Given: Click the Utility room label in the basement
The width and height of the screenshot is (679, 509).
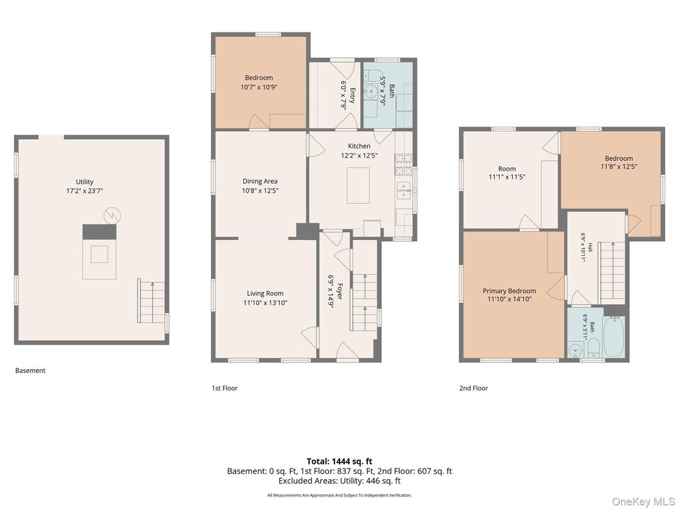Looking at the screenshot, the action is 84,182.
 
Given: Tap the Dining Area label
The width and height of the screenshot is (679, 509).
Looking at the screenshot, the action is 260,182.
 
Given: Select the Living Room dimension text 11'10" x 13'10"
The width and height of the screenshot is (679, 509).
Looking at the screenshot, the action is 265,303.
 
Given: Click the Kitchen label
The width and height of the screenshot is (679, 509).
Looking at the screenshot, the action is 359,146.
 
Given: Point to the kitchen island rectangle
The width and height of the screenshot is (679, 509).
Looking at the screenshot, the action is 358,186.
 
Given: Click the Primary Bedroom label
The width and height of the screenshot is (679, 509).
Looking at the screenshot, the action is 509,291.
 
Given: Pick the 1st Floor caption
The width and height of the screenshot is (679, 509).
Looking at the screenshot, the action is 224,388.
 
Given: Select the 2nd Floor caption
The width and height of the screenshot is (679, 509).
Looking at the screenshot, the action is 473,388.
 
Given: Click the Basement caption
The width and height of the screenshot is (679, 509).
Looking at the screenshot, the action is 31,370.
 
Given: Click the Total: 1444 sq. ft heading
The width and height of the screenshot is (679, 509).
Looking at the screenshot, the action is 339,461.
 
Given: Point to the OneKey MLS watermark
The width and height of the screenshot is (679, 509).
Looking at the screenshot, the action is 643,502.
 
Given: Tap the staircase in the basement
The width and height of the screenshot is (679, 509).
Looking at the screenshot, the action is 152,301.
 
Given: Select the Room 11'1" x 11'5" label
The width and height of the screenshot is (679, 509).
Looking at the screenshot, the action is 507,173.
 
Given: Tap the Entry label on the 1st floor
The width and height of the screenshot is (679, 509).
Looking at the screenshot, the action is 352,95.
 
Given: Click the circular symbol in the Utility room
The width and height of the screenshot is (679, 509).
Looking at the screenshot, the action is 112,215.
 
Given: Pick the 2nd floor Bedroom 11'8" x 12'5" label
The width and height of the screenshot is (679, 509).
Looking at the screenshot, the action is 619,162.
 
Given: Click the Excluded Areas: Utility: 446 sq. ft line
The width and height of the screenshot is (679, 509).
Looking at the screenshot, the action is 339,481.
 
